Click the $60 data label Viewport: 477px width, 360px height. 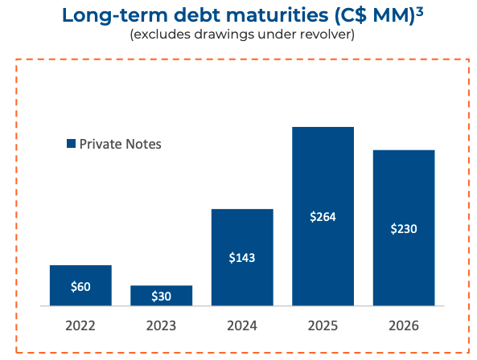(80, 287)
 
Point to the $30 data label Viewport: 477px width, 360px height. (162, 297)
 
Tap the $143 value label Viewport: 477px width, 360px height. (242, 258)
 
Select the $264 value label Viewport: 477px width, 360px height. (323, 217)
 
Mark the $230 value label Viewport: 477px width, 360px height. (404, 229)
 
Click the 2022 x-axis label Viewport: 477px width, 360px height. (80, 326)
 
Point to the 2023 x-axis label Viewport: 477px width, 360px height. (162, 326)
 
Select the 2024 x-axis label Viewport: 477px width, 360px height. (242, 326)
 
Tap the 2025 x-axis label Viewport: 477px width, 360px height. (323, 326)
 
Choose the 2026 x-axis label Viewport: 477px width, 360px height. (404, 326)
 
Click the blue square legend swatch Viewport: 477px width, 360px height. (71, 144)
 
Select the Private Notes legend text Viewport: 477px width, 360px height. (121, 144)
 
